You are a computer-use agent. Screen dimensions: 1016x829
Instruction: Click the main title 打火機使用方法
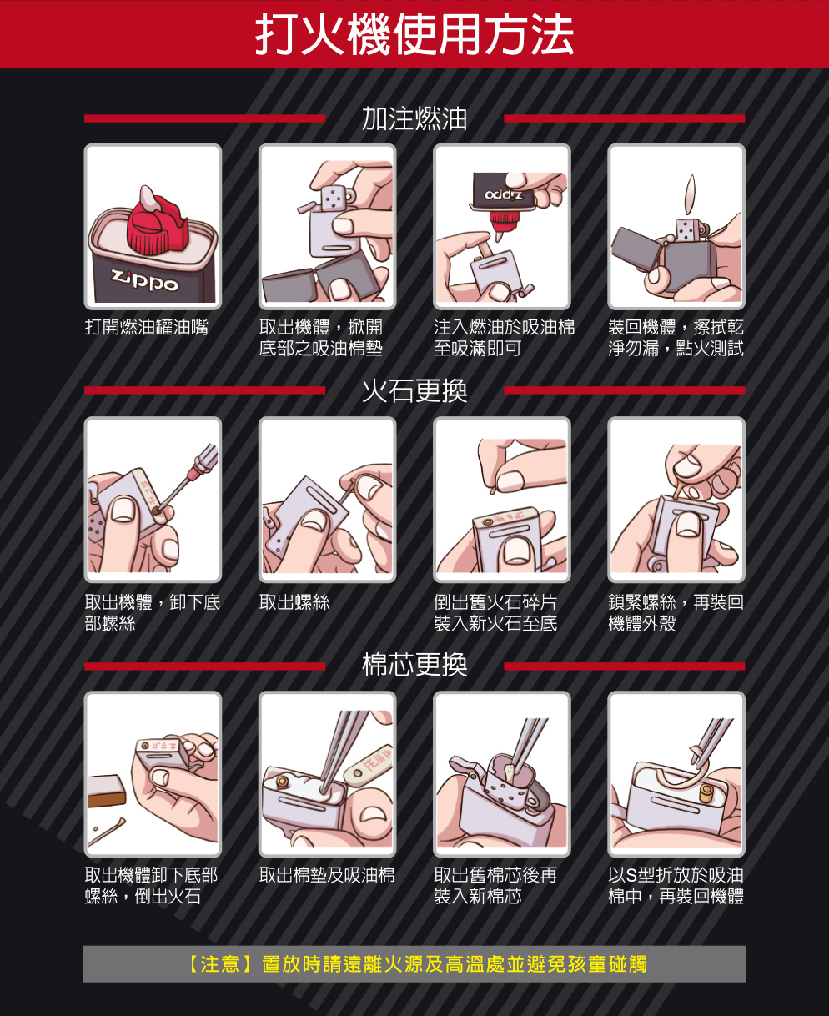pyautogui.click(x=414, y=35)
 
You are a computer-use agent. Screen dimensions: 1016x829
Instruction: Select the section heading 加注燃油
pyautogui.click(x=414, y=118)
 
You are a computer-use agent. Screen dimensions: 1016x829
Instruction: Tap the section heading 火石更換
pyautogui.click(x=414, y=390)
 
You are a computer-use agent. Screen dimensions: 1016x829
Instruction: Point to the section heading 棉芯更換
pyautogui.click(x=414, y=665)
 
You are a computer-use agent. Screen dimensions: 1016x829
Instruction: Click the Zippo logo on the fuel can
pyautogui.click(x=145, y=282)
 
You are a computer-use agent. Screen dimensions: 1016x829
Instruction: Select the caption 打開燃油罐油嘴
pyautogui.click(x=147, y=327)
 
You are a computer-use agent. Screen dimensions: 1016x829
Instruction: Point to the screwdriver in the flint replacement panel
pyautogui.click(x=191, y=475)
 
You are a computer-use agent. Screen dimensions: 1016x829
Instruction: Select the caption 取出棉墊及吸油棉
pyautogui.click(x=327, y=875)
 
